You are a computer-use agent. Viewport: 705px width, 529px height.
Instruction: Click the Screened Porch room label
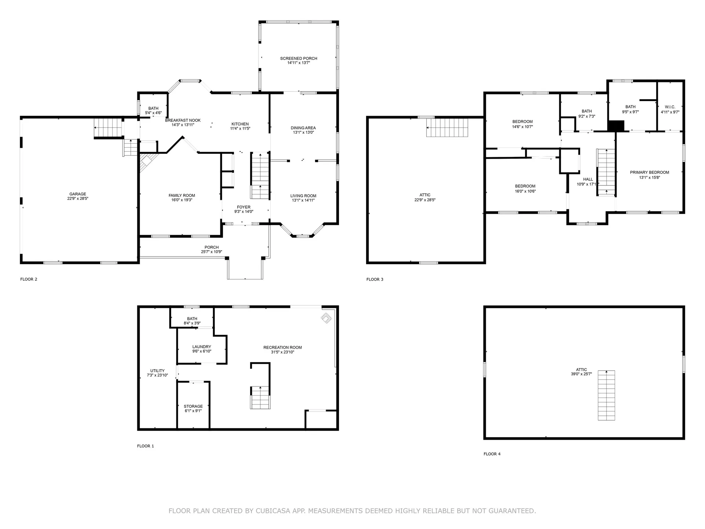299,58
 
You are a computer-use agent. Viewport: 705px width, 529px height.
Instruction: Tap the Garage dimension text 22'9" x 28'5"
78,199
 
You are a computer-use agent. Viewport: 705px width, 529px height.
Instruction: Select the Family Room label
182,195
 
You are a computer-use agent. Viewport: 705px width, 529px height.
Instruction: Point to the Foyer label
244,207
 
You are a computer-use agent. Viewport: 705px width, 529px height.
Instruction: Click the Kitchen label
240,124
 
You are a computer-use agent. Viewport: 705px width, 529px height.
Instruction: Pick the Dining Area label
303,128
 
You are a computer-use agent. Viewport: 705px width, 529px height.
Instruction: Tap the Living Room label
303,196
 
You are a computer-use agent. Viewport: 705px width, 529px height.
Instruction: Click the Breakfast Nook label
183,120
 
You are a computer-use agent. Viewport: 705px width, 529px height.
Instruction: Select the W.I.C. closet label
670,107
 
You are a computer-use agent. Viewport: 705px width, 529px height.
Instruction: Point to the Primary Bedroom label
650,172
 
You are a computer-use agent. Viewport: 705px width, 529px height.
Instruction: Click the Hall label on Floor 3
588,179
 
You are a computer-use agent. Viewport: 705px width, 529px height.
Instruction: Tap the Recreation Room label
283,347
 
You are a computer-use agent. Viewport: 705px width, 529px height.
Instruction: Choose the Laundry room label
202,346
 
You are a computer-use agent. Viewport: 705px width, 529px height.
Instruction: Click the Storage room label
193,406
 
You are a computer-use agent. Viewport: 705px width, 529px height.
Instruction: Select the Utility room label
158,371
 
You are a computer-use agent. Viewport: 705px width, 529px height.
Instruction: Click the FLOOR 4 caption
492,454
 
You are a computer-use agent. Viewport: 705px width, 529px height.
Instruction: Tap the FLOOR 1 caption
145,446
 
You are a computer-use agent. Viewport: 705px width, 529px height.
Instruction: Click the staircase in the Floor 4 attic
606,395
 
